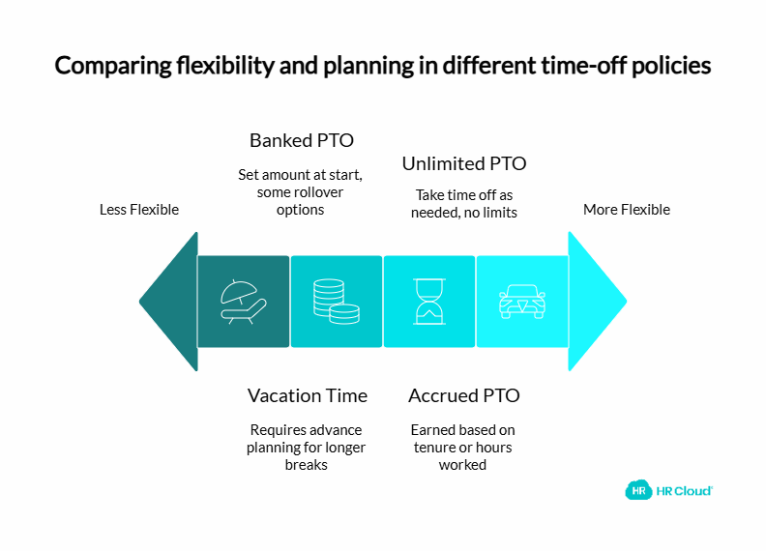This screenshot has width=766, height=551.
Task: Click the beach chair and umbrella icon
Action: tap(243, 301)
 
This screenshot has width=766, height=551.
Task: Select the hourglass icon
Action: tap(428, 301)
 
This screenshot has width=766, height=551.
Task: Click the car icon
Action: tap(521, 301)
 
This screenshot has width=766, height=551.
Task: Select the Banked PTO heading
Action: tap(301, 140)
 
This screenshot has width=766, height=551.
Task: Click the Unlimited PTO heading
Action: tap(463, 163)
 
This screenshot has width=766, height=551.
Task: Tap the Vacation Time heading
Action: tap(307, 395)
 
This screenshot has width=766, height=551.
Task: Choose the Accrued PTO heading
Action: tap(463, 395)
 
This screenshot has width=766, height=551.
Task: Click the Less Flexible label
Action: tap(139, 210)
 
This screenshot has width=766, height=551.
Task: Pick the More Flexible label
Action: tap(626, 210)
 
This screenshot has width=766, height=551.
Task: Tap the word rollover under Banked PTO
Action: tap(328, 192)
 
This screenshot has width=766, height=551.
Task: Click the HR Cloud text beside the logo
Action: tap(685, 490)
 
